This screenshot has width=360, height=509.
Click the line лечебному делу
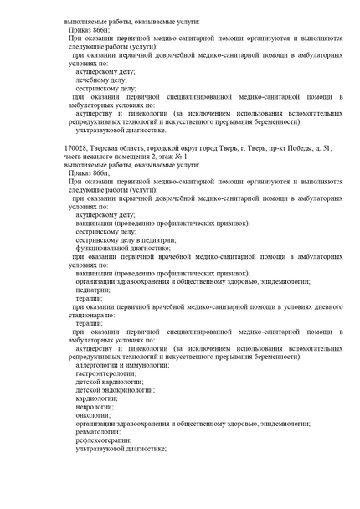pyautogui.click(x=101, y=80)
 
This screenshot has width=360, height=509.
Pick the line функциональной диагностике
pyautogui.click(x=123, y=248)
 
